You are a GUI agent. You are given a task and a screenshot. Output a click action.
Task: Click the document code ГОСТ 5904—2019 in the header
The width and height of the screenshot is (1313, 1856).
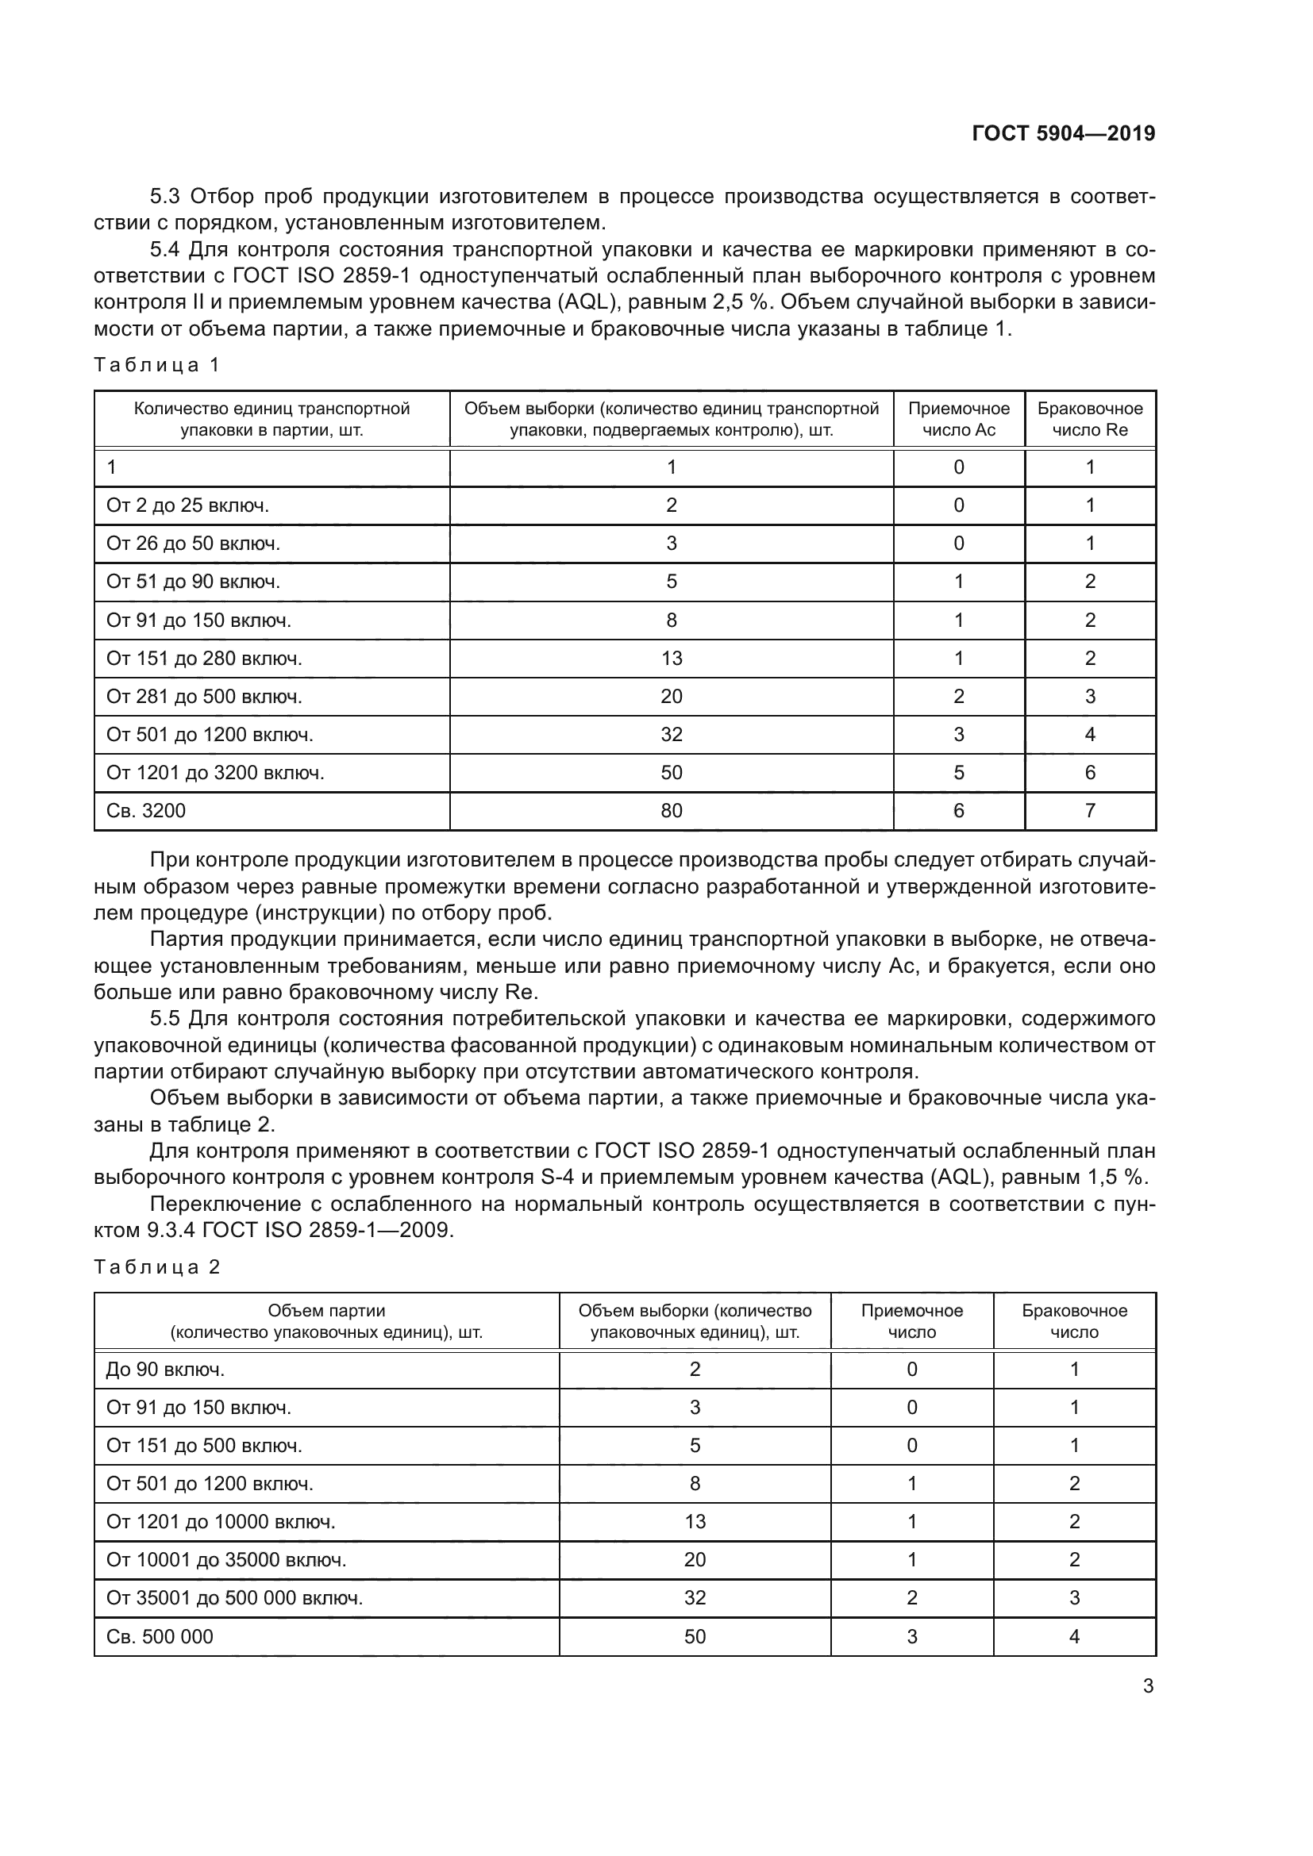click(x=1062, y=133)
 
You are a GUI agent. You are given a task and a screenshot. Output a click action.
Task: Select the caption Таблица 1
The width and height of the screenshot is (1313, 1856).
click(x=157, y=364)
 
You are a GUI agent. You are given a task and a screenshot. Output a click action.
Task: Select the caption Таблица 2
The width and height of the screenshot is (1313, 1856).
click(x=157, y=1266)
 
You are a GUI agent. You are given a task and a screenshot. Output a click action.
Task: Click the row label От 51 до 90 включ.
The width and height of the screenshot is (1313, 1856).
click(x=193, y=582)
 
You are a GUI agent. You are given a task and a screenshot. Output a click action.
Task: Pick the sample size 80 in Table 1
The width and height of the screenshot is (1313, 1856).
click(x=671, y=811)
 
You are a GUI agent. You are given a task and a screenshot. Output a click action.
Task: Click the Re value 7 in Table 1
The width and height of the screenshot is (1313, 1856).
click(x=1089, y=811)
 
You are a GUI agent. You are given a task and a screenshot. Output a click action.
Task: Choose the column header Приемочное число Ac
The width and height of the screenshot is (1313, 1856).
click(x=958, y=419)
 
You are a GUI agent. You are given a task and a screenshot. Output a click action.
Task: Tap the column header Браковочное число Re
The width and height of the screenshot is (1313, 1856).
click(x=1089, y=419)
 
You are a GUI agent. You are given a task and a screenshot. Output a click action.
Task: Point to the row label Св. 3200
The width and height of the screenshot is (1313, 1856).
click(x=145, y=811)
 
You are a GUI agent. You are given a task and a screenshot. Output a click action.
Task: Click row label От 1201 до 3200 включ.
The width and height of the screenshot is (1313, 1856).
click(x=215, y=773)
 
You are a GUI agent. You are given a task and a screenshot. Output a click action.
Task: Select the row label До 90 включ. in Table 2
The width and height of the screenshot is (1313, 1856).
click(x=165, y=1370)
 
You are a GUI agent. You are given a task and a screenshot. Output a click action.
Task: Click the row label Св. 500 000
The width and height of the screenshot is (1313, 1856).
click(x=160, y=1637)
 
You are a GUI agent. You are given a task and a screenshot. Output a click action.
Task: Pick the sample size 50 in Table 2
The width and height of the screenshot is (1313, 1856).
click(x=695, y=1637)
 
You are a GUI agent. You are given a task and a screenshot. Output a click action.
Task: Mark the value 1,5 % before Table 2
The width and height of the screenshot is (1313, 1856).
click(x=1112, y=1177)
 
